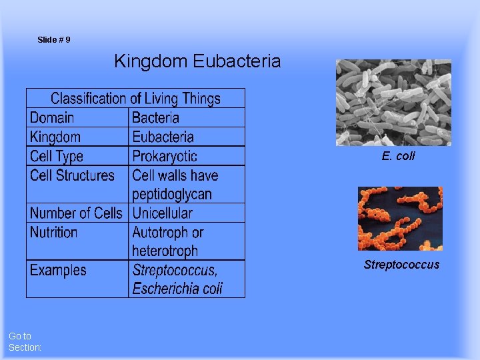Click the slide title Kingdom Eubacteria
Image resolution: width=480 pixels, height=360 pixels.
[x=197, y=62]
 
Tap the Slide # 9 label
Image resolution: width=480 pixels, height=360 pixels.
[x=54, y=40]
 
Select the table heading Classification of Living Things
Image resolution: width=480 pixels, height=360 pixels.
[x=135, y=99]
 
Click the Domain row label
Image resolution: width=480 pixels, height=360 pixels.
[x=52, y=118]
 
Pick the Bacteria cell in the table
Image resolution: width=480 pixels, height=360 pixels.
[x=155, y=118]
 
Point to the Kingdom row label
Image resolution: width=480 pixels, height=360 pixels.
[x=55, y=137]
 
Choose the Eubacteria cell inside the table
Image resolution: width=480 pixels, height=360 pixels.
[x=163, y=137]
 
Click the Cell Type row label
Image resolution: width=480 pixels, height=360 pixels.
[x=57, y=157]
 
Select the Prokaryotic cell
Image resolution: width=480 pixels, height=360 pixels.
[x=165, y=157]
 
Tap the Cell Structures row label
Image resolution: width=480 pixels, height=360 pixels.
[x=72, y=176]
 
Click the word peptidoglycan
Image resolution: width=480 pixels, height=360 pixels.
[x=172, y=195]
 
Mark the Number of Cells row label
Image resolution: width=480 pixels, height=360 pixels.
[x=76, y=213]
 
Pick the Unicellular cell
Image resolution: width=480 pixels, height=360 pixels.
[x=162, y=213]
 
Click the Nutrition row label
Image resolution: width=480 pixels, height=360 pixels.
[x=53, y=233]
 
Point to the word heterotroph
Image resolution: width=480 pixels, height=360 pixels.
[x=165, y=251]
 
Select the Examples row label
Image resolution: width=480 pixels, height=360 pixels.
[x=58, y=271]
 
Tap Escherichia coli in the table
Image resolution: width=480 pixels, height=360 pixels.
[x=177, y=289]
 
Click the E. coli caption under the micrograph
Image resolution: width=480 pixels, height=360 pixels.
[x=398, y=156]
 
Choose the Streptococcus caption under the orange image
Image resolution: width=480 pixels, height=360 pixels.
[x=401, y=265]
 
